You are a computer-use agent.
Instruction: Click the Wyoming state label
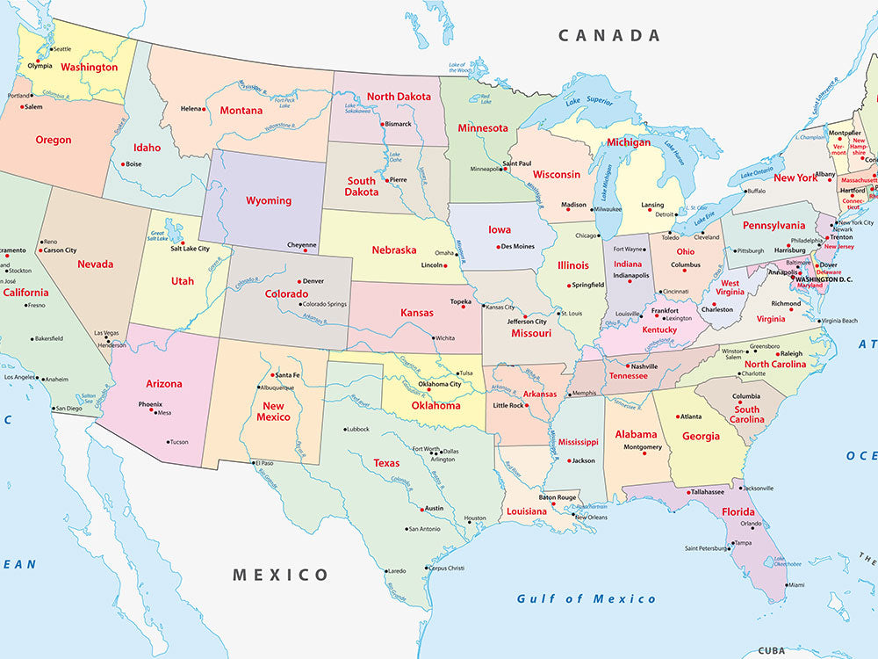coord(269,200)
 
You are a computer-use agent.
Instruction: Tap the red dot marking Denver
coord(297,281)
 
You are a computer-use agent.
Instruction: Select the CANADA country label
coord(609,36)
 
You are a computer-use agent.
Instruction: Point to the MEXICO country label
coord(280,575)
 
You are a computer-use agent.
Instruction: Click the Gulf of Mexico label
coord(586,598)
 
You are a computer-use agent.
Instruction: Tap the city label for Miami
coord(795,584)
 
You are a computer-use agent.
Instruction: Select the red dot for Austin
coord(419,509)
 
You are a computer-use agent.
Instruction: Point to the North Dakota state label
coord(399,97)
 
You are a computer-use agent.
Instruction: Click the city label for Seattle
coord(61,49)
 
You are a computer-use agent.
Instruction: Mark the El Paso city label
coord(264,462)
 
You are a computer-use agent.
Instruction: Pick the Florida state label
coord(738,511)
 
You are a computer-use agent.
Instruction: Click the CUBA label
coord(771,651)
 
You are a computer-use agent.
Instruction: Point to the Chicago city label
coord(587,235)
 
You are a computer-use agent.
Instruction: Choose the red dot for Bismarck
coord(380,124)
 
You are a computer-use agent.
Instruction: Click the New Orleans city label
coord(591,517)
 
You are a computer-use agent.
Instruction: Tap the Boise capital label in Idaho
coord(133,163)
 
